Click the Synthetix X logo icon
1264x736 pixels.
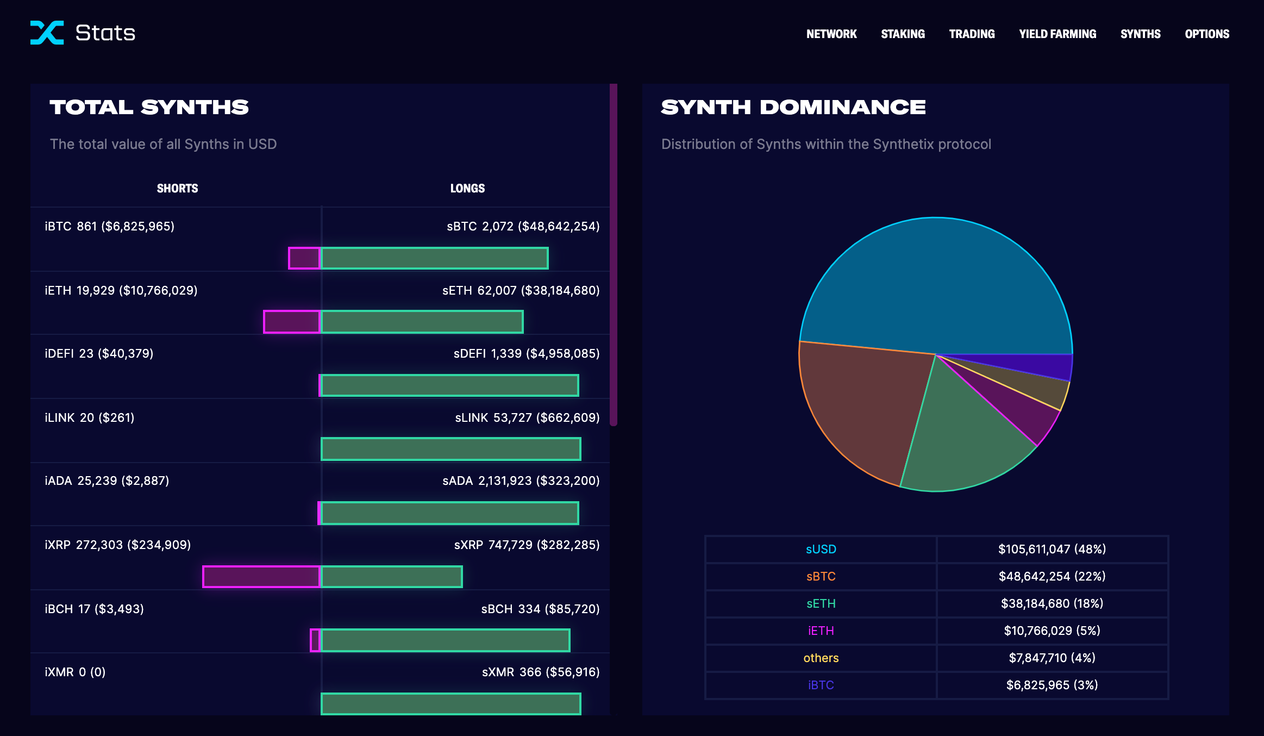[47, 33]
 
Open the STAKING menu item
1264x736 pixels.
[903, 34]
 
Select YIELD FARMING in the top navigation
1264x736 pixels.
[1057, 34]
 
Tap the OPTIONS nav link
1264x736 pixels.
[1207, 34]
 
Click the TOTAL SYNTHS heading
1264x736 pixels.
[149, 107]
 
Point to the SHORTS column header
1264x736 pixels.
[177, 188]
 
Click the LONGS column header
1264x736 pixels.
[467, 188]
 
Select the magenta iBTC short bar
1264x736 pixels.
[304, 258]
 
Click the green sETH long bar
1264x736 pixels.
[422, 322]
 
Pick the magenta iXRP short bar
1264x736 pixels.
[261, 577]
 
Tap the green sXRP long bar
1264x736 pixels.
[392, 577]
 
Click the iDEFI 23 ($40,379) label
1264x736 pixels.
[99, 354]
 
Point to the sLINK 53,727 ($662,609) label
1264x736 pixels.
[527, 417]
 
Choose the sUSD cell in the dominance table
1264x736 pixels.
[821, 549]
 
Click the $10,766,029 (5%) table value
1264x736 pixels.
[1052, 631]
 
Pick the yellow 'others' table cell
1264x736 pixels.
[821, 658]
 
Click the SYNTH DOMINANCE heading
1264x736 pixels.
[793, 107]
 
